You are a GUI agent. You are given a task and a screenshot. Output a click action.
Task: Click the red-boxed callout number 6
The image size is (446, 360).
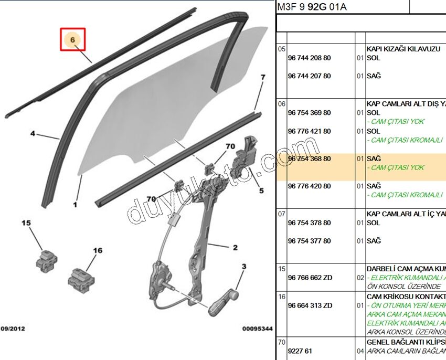73,39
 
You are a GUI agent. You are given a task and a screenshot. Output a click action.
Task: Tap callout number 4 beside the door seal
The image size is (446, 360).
33,134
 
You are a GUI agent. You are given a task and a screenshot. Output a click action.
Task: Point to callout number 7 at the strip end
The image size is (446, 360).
263,78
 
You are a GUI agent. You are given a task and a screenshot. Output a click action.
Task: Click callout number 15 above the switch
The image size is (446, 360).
26,224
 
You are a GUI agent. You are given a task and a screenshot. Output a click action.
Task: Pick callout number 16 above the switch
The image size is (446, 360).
98,251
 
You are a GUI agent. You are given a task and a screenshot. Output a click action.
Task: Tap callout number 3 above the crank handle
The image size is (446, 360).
243,267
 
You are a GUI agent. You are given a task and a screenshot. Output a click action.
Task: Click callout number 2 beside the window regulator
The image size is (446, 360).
235,247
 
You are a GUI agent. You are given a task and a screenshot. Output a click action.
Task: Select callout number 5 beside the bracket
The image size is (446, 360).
261,191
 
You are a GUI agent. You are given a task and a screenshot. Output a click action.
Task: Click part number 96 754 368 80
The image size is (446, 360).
310,158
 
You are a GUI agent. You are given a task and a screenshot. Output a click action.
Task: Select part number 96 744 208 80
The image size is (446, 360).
310,58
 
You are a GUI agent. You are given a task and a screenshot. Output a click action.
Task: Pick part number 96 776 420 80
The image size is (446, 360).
310,186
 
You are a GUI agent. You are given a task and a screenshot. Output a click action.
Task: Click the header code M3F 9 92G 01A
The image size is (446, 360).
312,7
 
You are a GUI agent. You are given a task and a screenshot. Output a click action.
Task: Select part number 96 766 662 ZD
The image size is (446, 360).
310,278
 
